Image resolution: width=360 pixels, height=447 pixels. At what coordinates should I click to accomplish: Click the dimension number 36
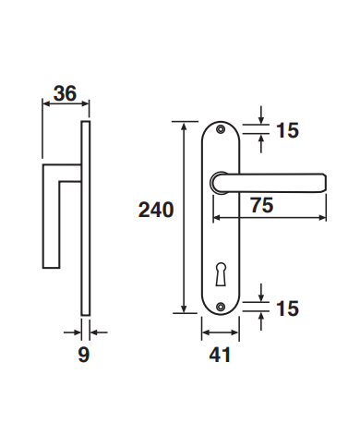[x=65, y=93]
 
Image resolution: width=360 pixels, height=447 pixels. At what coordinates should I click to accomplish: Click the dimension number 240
[x=156, y=211]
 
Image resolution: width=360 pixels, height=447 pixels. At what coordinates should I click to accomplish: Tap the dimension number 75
[x=261, y=205]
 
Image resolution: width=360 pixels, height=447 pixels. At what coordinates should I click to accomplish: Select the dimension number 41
[x=220, y=355]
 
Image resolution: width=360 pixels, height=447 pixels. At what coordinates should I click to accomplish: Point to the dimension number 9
[x=84, y=355]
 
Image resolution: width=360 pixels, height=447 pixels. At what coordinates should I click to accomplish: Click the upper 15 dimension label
[x=288, y=130]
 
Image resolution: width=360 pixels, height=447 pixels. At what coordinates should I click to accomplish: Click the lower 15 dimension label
[x=288, y=308]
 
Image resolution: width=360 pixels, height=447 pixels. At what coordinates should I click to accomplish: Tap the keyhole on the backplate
[x=221, y=274]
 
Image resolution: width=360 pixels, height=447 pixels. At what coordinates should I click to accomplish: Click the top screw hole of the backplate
[x=221, y=129]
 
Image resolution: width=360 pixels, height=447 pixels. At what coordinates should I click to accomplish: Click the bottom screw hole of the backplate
[x=221, y=307]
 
